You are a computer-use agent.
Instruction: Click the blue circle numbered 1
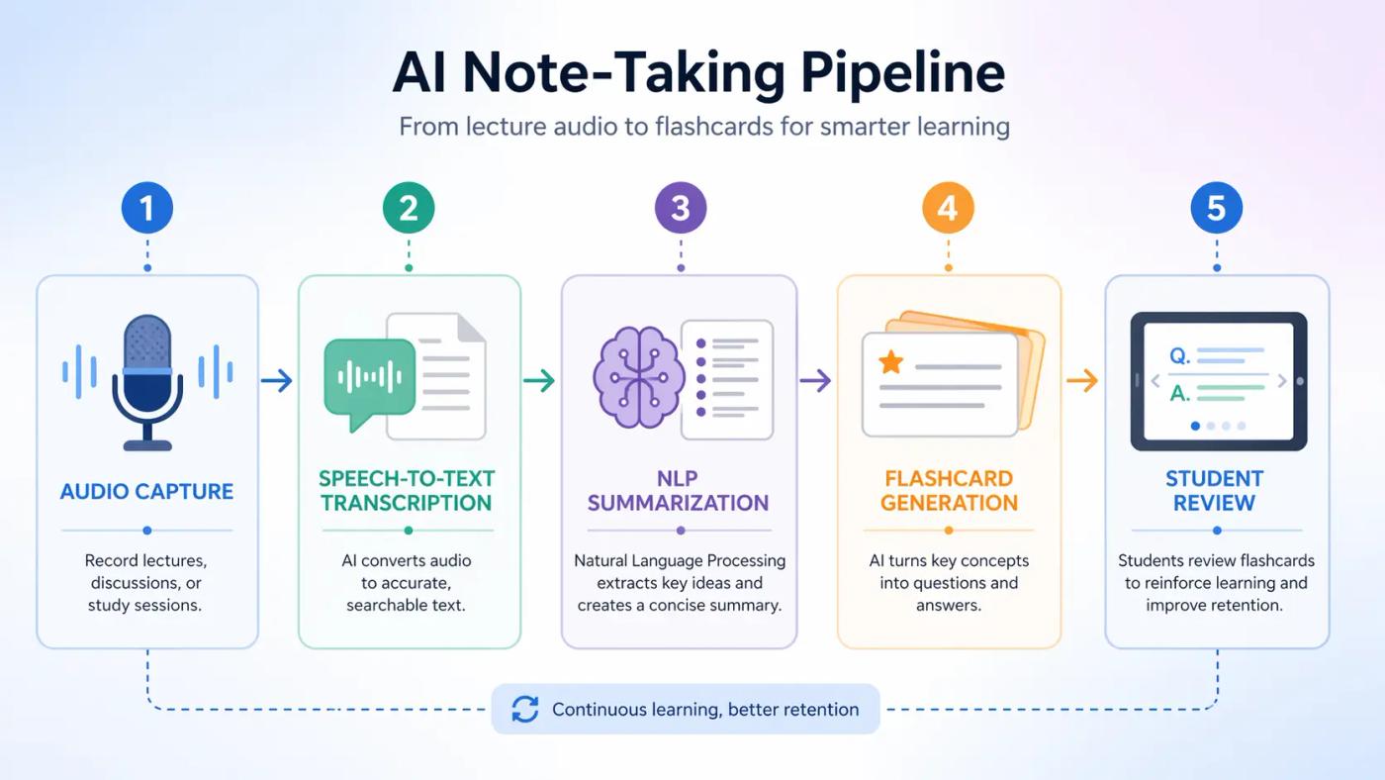[x=146, y=208]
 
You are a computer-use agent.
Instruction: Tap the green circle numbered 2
[x=409, y=208]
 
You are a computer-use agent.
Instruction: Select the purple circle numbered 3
[x=681, y=208]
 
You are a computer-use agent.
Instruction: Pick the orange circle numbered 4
[x=948, y=208]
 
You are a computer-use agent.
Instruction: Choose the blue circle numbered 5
[x=1216, y=208]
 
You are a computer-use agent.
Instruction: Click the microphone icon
[x=147, y=381]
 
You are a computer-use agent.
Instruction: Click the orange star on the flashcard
[x=890, y=362]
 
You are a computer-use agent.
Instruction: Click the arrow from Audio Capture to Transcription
[x=277, y=380]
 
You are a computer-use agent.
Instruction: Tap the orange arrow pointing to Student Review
[x=1082, y=380]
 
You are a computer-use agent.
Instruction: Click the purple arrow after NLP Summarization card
[x=815, y=380]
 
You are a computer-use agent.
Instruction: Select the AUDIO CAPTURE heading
[x=146, y=492]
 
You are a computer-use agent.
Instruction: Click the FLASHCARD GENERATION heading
[x=948, y=490]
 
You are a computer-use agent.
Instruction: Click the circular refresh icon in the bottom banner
[x=525, y=709]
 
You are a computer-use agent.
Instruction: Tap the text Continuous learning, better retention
[x=704, y=709]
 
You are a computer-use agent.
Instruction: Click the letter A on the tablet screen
[x=1179, y=393]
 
